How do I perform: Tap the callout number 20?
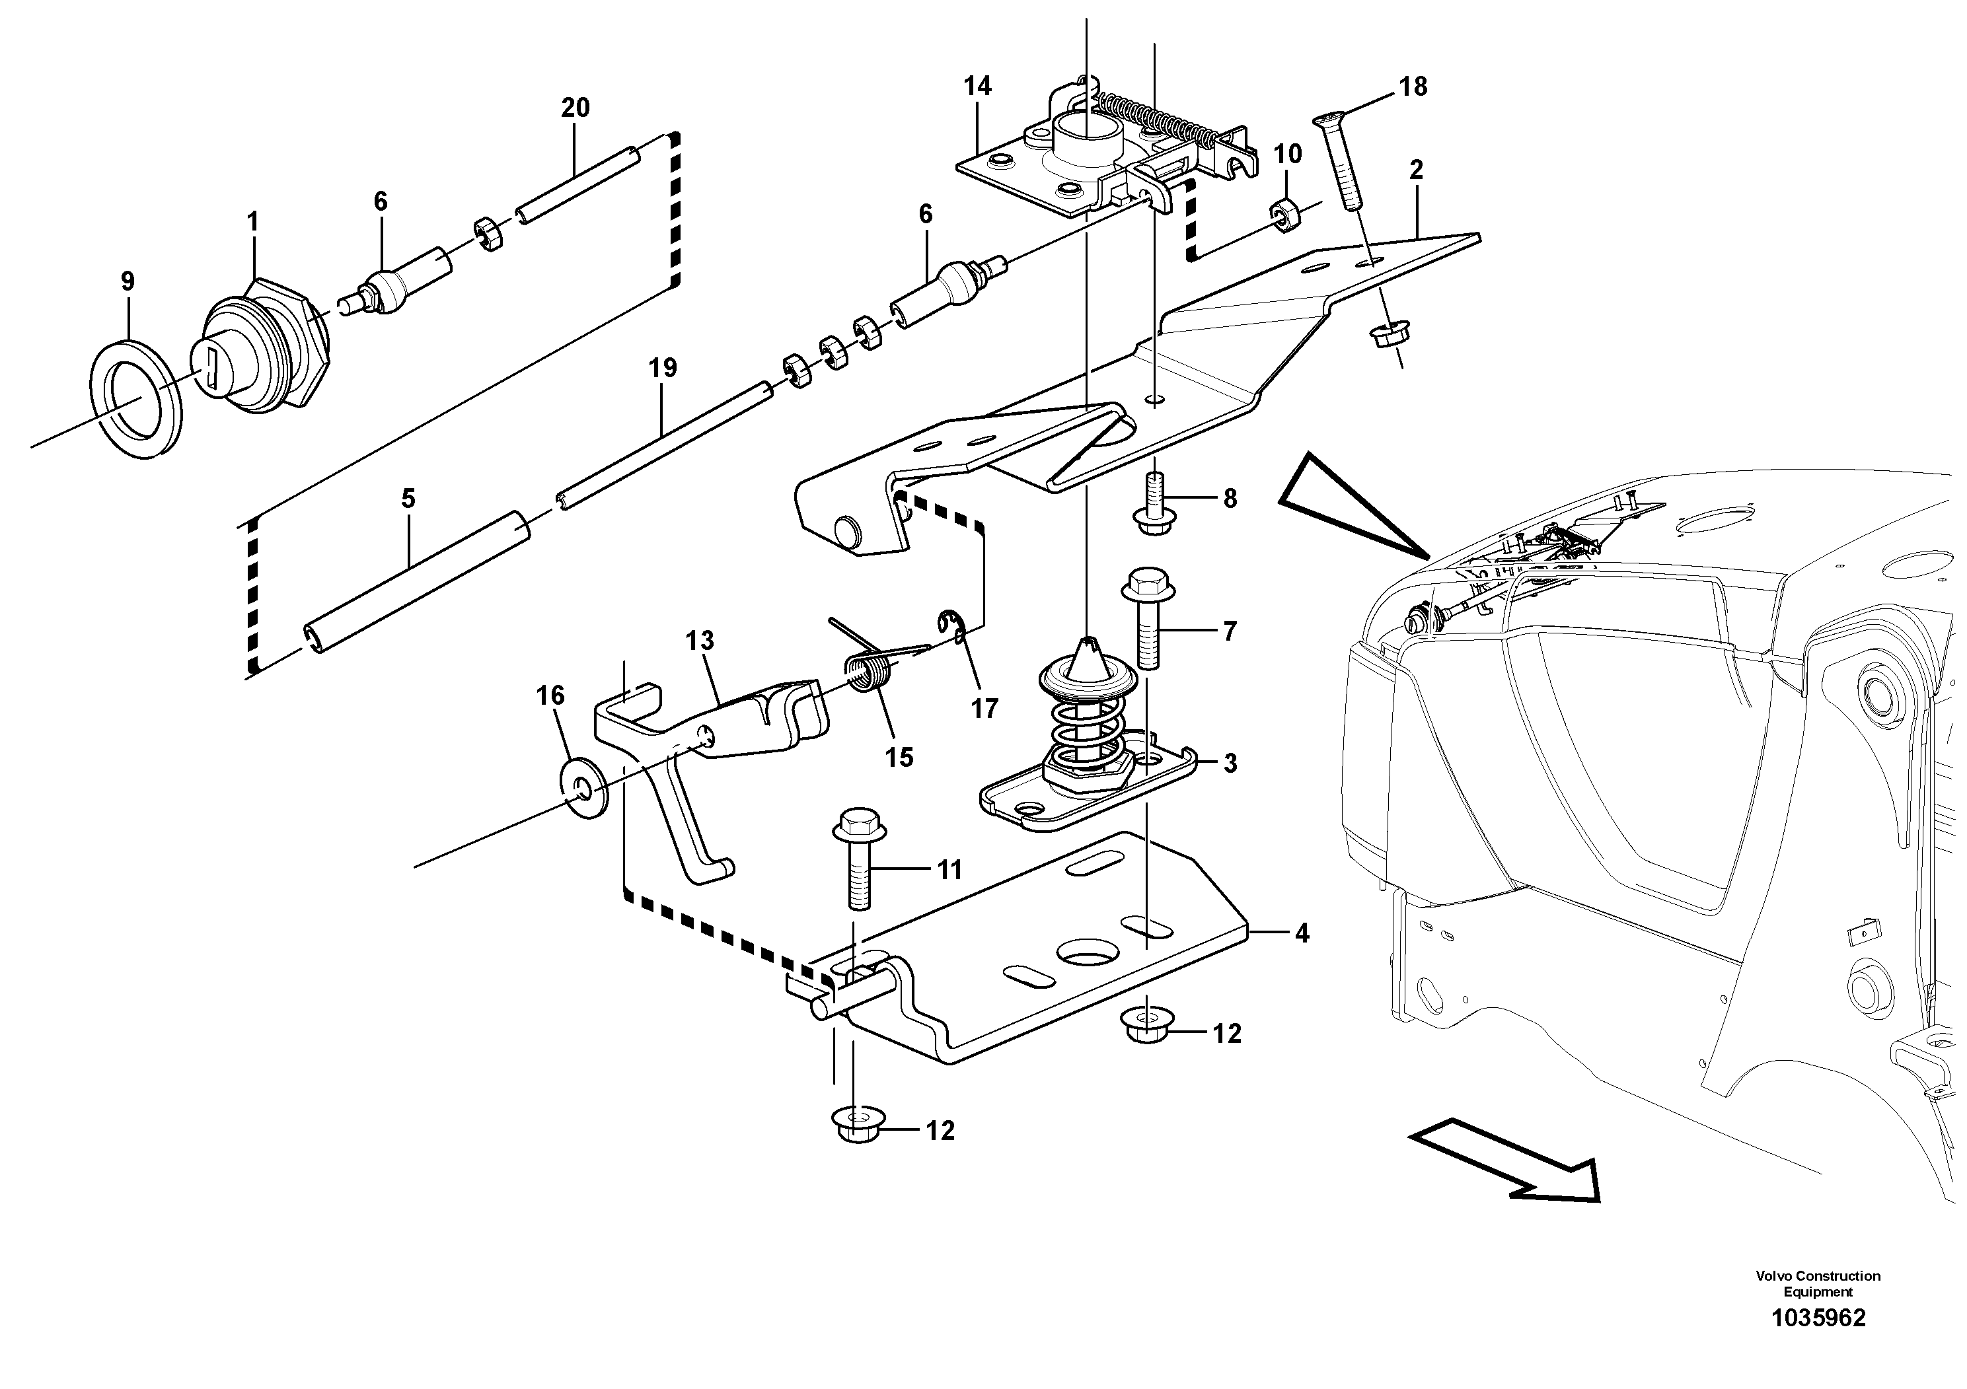[575, 108]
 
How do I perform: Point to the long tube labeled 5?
[417, 581]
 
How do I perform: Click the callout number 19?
[662, 369]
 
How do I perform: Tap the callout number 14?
[977, 87]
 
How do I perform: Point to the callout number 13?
[699, 641]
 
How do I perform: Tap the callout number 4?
[1302, 933]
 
